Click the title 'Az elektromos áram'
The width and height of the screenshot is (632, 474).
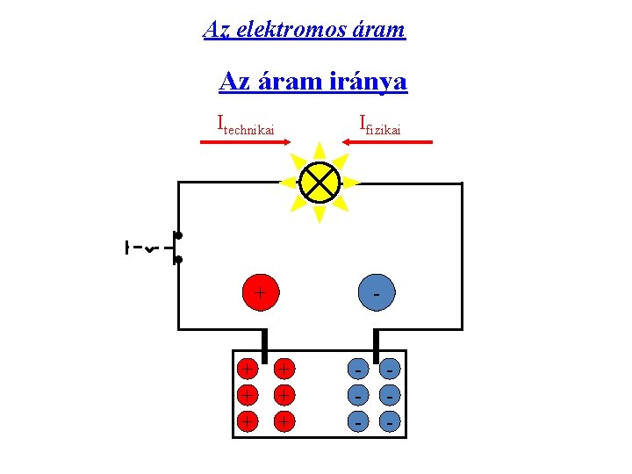pos(304,29)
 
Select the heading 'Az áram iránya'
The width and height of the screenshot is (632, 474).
pos(312,82)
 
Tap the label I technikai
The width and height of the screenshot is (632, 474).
pos(246,126)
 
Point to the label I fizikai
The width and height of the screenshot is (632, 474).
pos(380,126)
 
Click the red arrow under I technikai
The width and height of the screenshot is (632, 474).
pos(238,141)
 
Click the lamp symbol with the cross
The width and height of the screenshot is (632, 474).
pos(319,183)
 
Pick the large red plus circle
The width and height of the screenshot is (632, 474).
pos(260,291)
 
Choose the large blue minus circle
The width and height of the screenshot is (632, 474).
pos(377,291)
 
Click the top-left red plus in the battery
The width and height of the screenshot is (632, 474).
pos(248,366)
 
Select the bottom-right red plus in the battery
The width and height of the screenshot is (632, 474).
pos(284,422)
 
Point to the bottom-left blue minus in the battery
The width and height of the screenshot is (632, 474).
pos(357,422)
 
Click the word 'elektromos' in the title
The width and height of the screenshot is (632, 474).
pos(277,29)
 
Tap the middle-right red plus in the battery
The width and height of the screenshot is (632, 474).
pos(284,394)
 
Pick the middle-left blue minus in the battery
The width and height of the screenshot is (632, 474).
pos(357,394)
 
